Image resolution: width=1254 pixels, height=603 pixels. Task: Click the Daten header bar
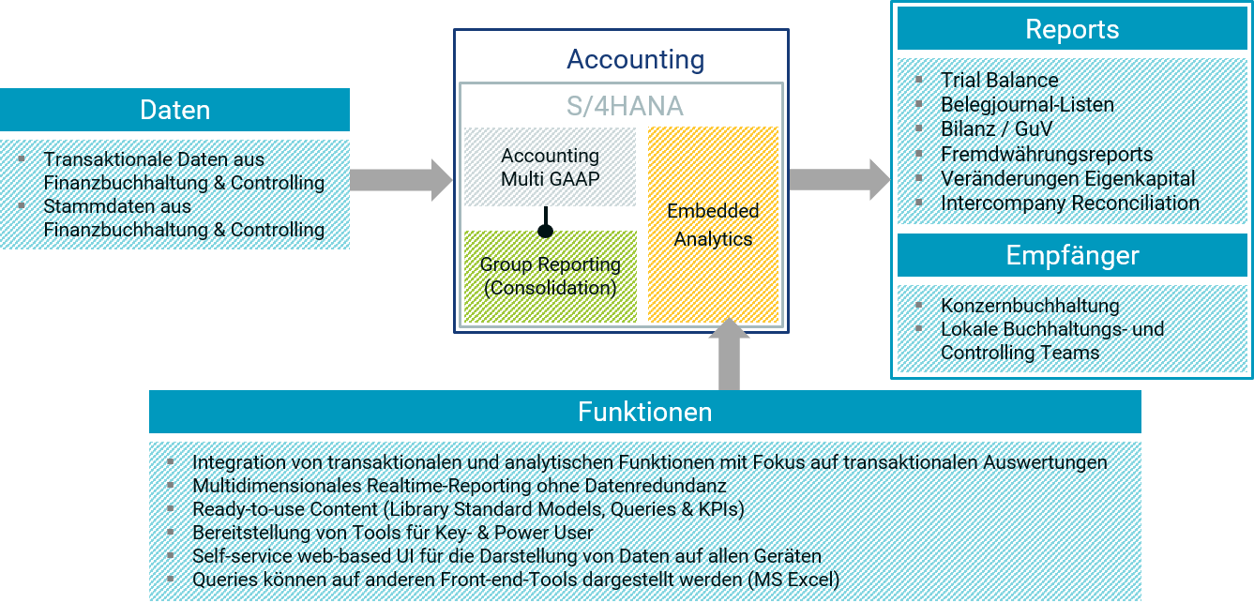point(174,110)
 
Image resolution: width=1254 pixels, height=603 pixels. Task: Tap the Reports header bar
point(1072,28)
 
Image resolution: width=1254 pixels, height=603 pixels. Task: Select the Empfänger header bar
point(1072,255)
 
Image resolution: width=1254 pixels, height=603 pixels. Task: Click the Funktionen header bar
point(645,412)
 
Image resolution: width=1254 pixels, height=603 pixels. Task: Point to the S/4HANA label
point(625,106)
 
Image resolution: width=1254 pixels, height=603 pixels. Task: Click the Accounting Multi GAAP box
point(550,167)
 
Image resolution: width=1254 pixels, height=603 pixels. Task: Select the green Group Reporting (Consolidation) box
point(551,277)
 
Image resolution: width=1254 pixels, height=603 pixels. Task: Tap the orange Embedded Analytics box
point(713,224)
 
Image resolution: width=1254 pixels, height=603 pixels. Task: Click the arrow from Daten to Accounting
point(401,180)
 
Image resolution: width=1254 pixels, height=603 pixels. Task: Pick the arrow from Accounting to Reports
point(839,180)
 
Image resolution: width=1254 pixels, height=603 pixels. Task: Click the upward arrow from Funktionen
point(729,354)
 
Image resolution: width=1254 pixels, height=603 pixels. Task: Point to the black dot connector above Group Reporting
point(545,230)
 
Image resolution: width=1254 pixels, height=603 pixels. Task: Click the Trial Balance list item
point(999,80)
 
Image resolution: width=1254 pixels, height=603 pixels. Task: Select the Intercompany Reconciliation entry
point(1070,204)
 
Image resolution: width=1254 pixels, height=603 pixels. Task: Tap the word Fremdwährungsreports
point(1047,154)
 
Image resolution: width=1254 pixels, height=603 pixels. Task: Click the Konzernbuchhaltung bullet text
point(1030,306)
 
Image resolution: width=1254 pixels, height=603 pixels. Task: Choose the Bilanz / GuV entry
point(996,129)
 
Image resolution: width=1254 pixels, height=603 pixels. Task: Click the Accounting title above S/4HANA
point(635,59)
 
